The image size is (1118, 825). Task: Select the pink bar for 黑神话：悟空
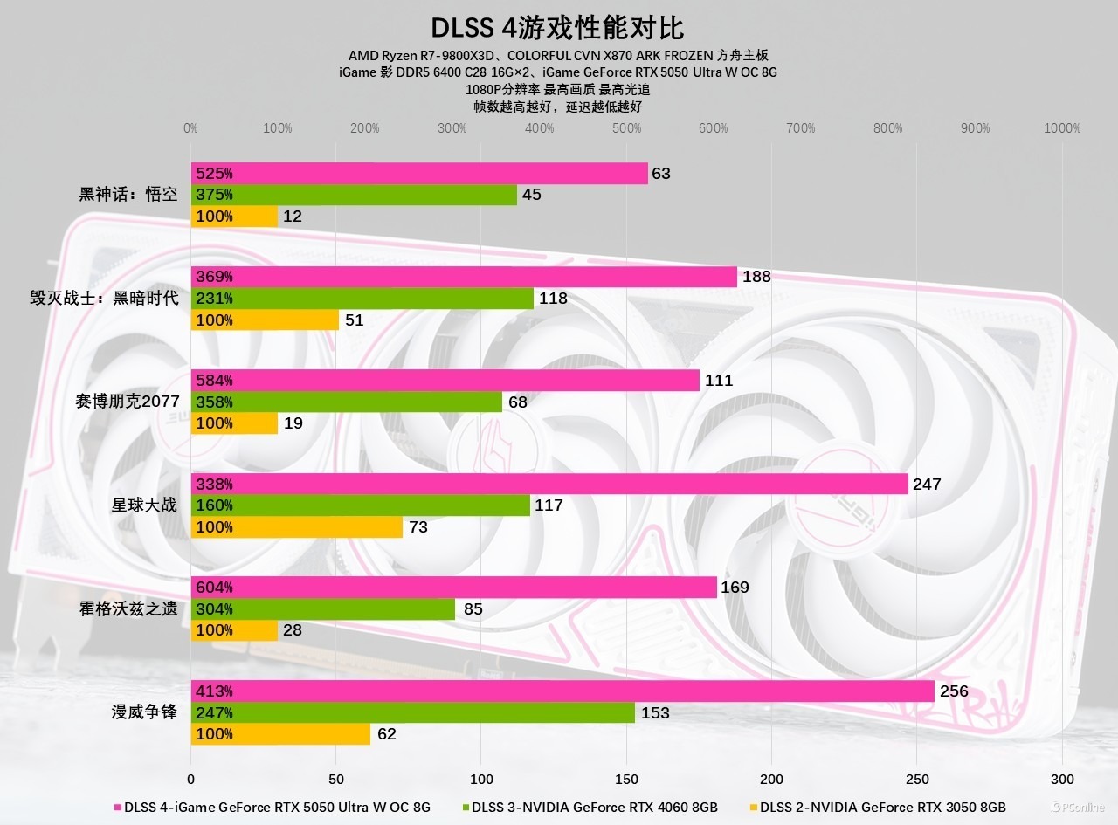[419, 173]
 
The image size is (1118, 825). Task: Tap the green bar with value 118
[362, 299]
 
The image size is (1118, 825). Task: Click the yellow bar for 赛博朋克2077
[234, 423]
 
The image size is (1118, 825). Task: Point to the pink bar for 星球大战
[549, 484]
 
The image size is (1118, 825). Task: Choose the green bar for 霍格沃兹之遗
[323, 608]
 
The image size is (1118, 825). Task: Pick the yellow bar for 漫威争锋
[280, 734]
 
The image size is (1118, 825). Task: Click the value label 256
[954, 691]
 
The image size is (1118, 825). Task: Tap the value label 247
[927, 484]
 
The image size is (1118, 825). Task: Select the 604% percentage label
[214, 588]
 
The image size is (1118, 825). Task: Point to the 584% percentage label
[214, 381]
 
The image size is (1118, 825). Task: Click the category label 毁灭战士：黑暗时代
[104, 299]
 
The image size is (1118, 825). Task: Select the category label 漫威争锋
[144, 712]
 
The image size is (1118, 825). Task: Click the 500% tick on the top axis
[626, 128]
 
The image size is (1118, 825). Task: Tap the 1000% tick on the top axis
[1062, 128]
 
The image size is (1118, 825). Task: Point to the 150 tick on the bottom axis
[626, 779]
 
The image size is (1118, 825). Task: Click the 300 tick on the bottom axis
[1062, 779]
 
